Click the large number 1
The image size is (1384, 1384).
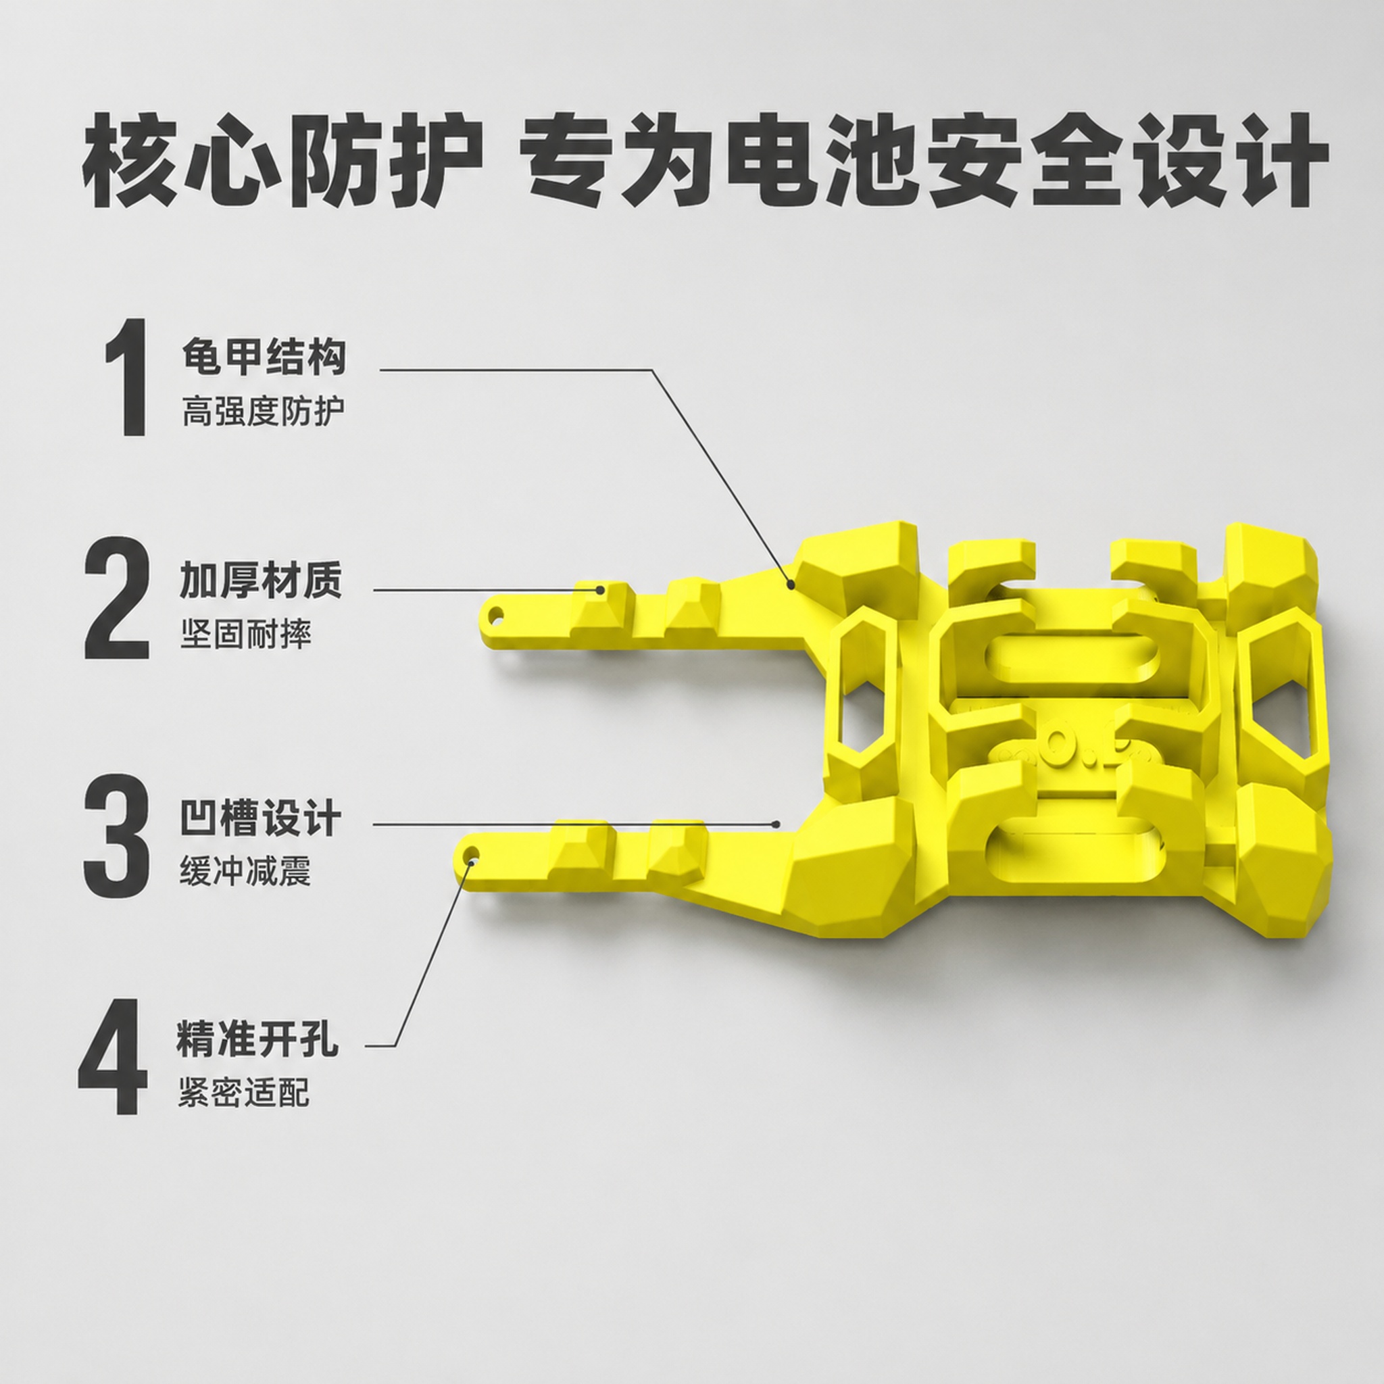click(x=127, y=378)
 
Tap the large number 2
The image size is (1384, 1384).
click(x=117, y=598)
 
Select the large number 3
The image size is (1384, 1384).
click(x=117, y=836)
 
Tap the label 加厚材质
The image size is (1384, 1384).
click(x=262, y=581)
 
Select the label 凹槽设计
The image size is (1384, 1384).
click(x=260, y=818)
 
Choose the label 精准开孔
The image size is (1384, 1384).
click(x=258, y=1039)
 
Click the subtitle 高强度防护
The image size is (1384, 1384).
click(x=264, y=411)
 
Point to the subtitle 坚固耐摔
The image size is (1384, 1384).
click(x=246, y=634)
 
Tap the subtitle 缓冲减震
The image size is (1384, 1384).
click(x=245, y=870)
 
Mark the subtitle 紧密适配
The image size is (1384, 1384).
click(x=243, y=1093)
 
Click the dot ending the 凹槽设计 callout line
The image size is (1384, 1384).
click(x=776, y=824)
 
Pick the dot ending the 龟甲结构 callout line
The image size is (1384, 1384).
click(x=791, y=585)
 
